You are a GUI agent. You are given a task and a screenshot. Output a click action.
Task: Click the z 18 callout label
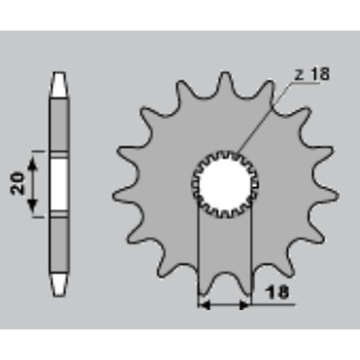click(x=312, y=74)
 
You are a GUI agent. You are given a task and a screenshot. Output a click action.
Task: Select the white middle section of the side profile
click(x=59, y=184)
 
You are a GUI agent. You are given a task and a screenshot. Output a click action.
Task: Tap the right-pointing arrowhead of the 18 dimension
click(x=245, y=306)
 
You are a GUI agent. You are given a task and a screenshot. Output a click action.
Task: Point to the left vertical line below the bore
click(x=198, y=252)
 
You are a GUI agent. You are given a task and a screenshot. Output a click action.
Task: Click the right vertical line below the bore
click(x=251, y=252)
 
